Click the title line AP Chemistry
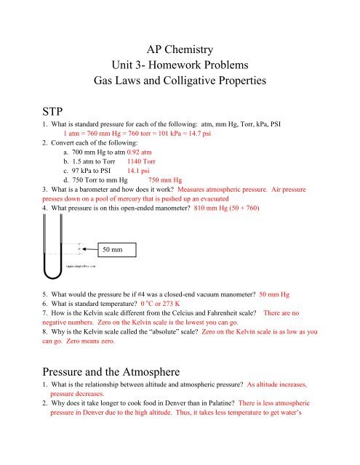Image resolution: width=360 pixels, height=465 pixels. pos(180,51)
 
